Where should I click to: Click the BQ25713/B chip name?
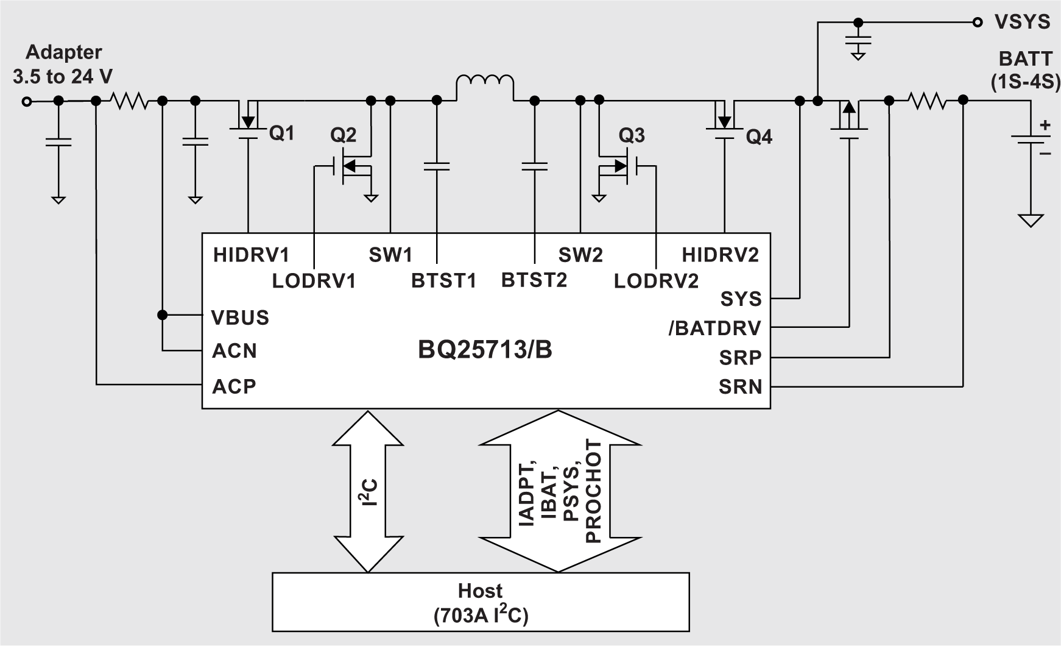point(485,350)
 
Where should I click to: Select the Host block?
point(481,602)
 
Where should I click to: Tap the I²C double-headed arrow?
point(368,491)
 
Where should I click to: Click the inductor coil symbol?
point(485,85)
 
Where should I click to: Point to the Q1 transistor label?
point(281,133)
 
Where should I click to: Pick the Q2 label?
point(343,135)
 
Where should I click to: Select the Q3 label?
point(631,135)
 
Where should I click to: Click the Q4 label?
point(759,137)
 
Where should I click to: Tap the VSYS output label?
point(1022,22)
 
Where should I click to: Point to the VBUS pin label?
point(240,318)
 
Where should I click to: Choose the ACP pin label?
point(234,386)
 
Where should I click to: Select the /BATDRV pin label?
point(714,328)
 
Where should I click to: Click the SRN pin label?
point(740,386)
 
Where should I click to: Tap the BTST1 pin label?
point(443,281)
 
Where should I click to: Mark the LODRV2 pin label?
point(656,281)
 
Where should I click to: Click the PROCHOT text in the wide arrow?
point(593,491)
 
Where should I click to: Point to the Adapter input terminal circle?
point(26,102)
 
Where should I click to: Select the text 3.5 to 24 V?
point(63,77)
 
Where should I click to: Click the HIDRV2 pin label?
point(720,254)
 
